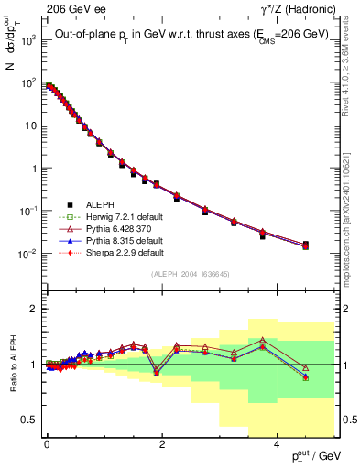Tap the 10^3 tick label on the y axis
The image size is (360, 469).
click(x=28, y=41)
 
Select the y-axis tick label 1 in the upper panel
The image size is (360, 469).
click(x=35, y=169)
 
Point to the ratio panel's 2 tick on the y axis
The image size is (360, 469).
click(x=35, y=309)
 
